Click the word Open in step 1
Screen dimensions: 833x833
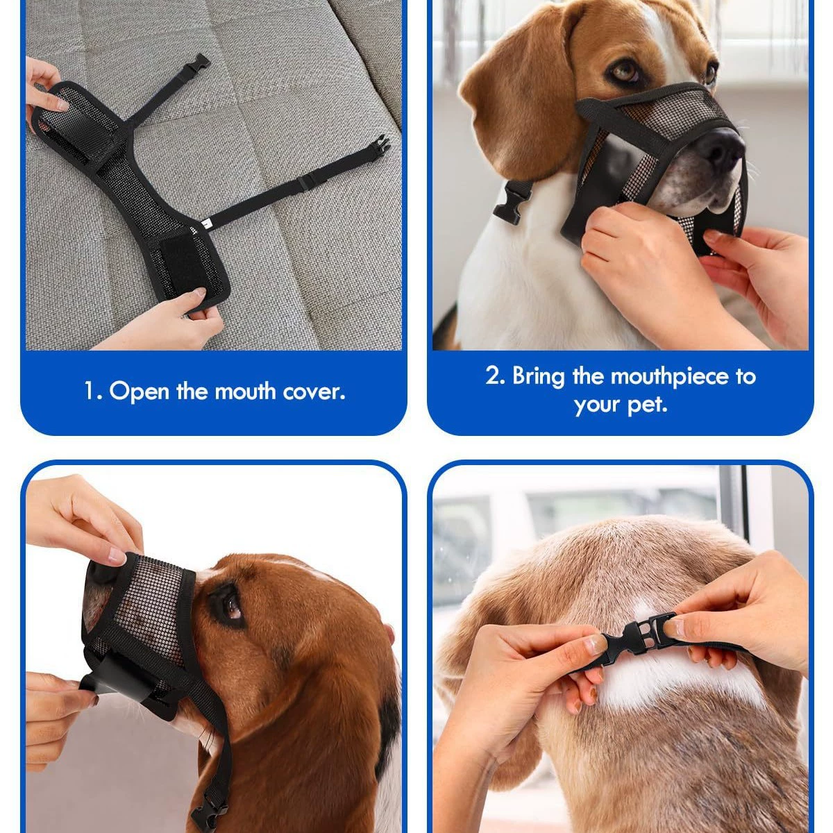coord(139,392)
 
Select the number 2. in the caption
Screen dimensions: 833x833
coord(495,376)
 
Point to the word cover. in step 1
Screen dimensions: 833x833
coord(314,392)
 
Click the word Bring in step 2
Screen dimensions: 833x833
coord(539,377)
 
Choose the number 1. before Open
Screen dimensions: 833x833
coord(92,392)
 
